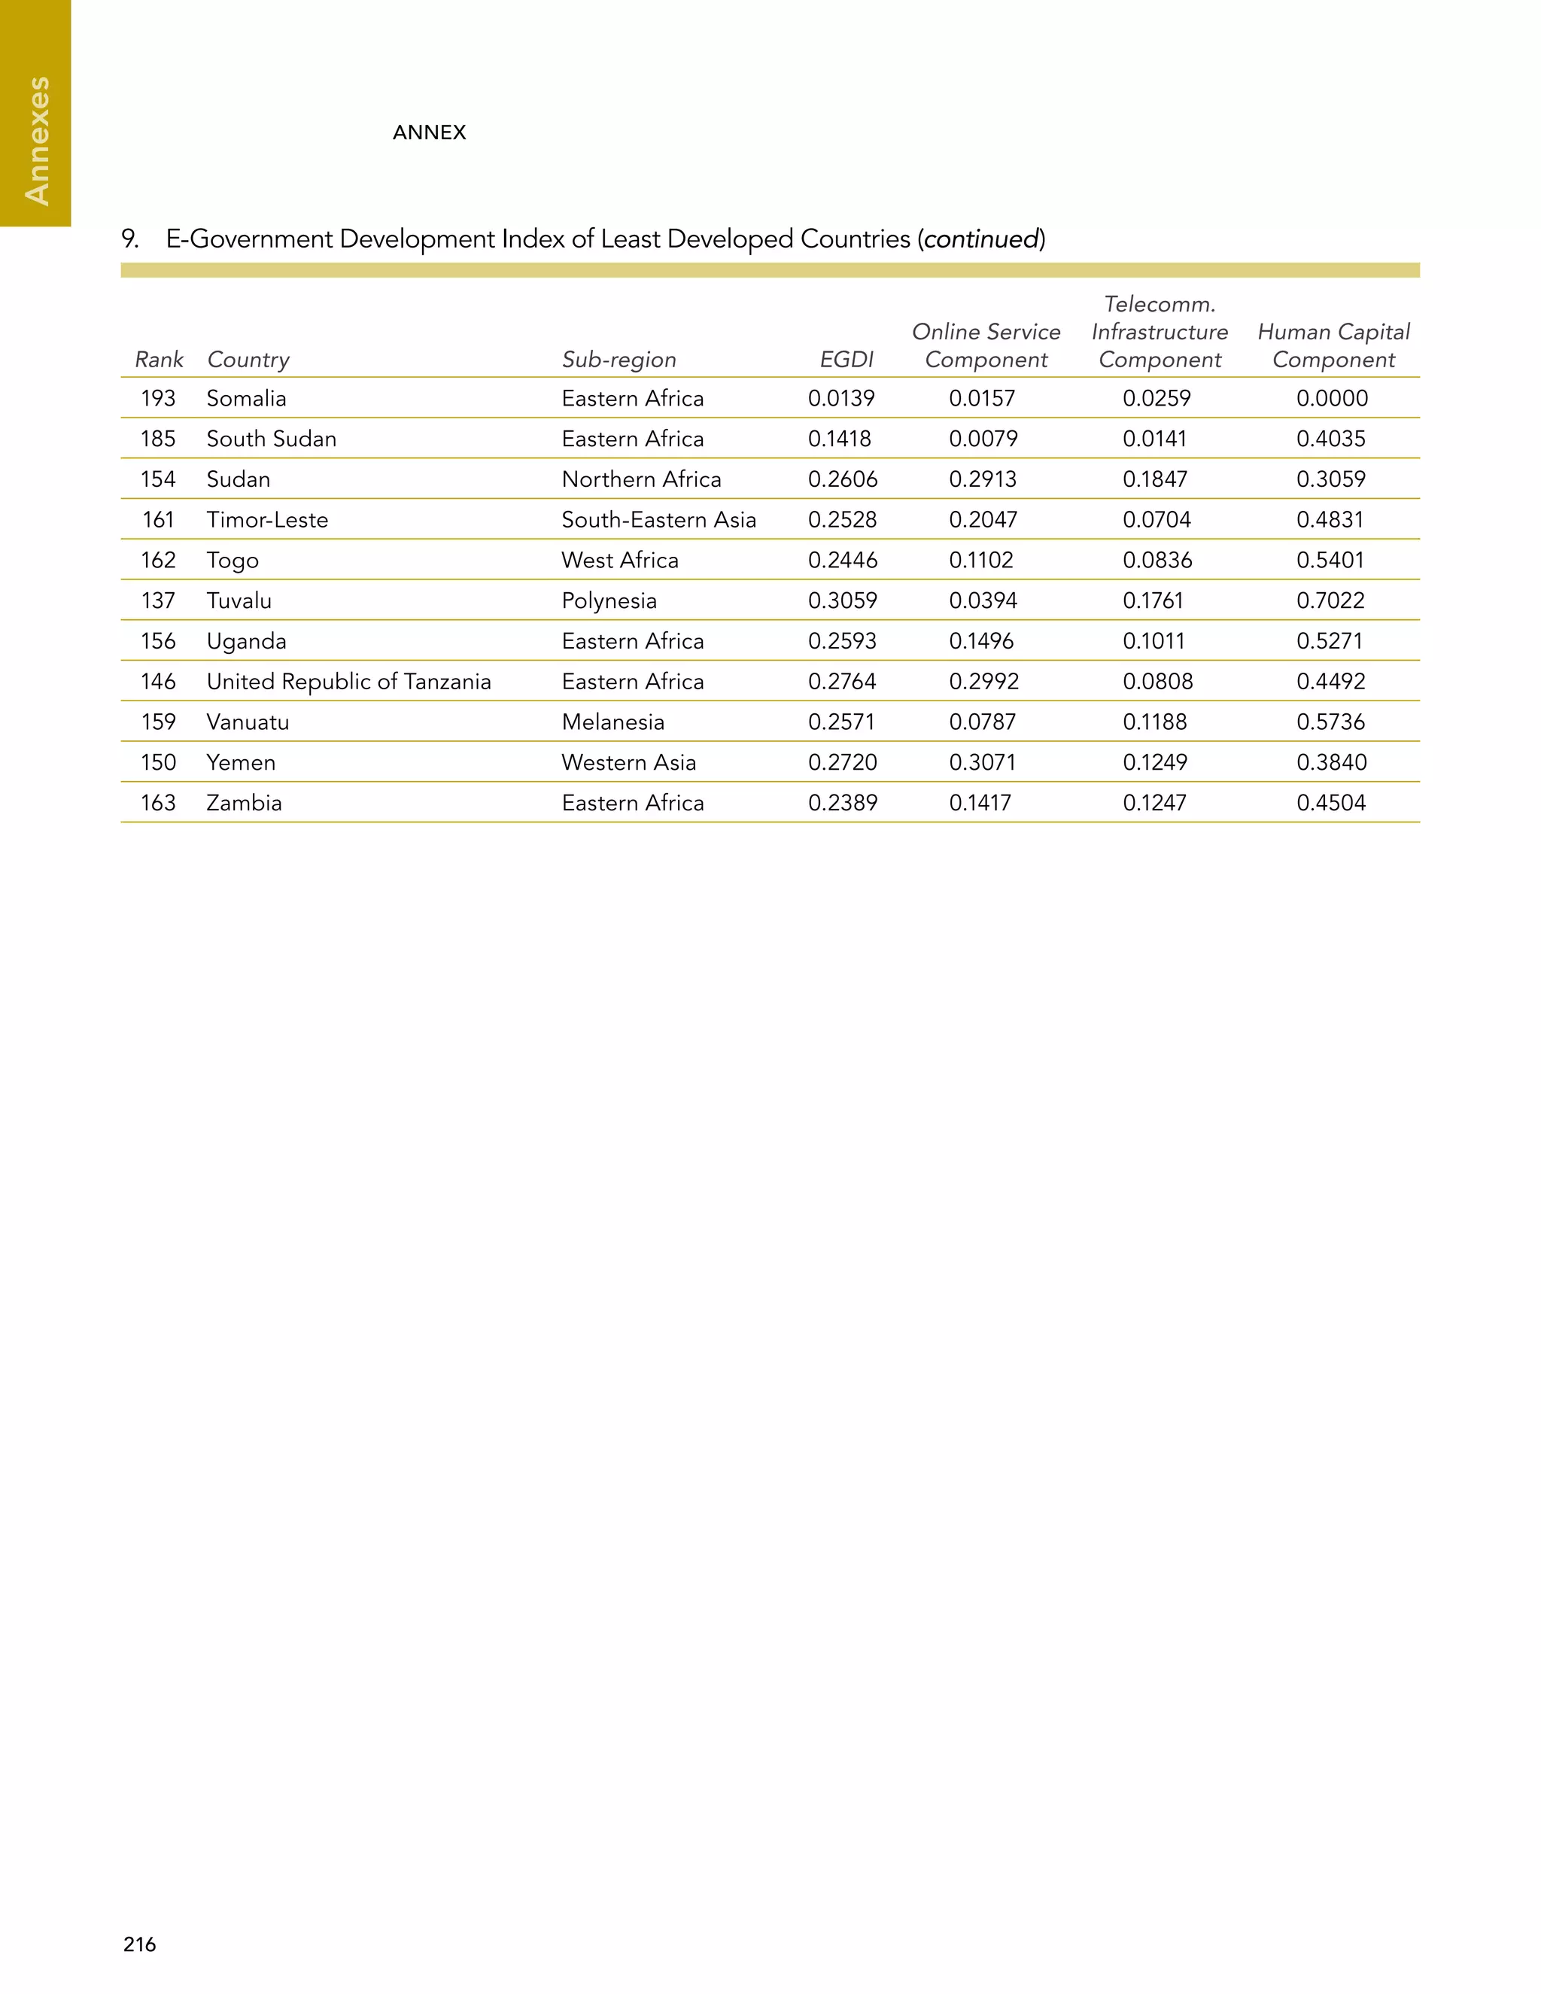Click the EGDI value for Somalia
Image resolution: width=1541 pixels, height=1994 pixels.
pos(840,398)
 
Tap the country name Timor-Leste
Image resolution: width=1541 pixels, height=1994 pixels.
pos(266,519)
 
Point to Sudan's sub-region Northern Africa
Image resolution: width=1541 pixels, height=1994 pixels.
pos(641,479)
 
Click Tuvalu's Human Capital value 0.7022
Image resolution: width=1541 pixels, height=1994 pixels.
pos(1330,600)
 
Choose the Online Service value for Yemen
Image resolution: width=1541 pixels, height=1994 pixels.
pos(981,762)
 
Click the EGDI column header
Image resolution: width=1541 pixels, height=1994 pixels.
pos(846,360)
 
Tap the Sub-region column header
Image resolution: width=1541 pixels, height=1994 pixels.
pos(619,360)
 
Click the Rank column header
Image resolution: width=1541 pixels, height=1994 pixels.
pos(159,360)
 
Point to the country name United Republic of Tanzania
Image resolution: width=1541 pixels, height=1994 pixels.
pos(348,681)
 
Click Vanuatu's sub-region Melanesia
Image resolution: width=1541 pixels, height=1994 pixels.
pos(612,722)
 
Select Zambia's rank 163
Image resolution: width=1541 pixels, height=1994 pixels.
pos(158,803)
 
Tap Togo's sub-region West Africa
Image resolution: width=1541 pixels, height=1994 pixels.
pos(620,560)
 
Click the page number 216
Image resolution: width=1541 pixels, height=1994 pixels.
pos(140,1944)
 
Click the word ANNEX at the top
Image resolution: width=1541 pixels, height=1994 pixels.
pos(429,132)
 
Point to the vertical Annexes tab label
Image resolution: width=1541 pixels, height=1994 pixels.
pos(37,141)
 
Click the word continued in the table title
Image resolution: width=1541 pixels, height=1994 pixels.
pos(981,239)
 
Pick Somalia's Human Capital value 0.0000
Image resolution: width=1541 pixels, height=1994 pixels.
pos(1332,398)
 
